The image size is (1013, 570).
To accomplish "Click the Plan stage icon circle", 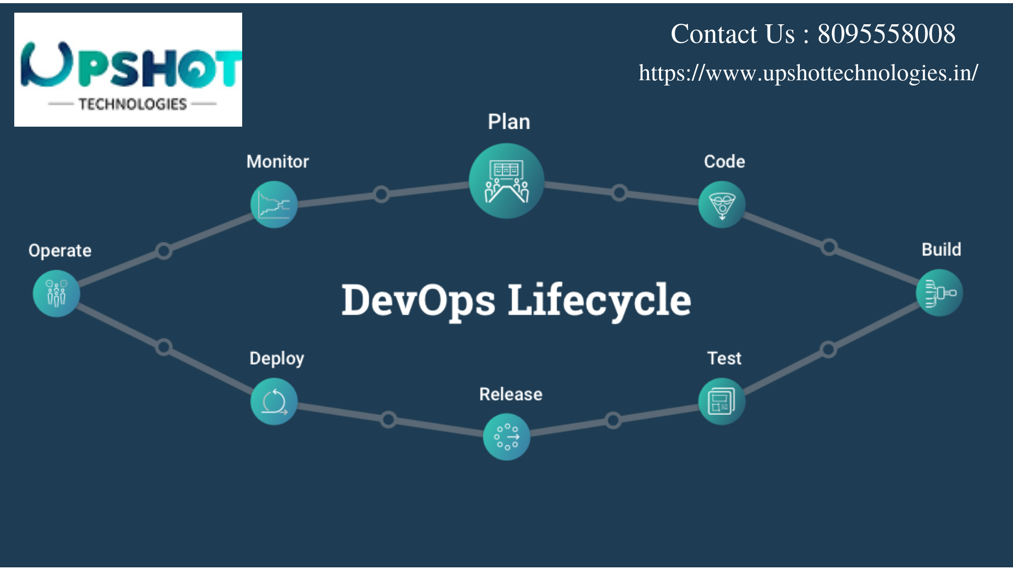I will coord(506,181).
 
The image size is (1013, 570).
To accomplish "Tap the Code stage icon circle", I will coord(722,205).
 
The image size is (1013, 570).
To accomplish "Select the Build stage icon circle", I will coord(940,293).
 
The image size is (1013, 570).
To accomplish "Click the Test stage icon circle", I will coord(722,402).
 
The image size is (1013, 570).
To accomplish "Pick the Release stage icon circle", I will coord(506,437).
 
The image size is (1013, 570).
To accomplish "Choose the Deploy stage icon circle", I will coord(274,402).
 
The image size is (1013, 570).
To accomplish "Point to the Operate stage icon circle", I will coord(56,293).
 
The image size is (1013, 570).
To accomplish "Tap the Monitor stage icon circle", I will coord(274,205).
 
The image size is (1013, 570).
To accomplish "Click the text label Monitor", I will coord(278,161).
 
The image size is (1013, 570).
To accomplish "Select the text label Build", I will coord(941,249).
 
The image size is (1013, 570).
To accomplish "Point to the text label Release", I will coord(511,394).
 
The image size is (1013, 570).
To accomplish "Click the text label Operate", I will coord(60,251).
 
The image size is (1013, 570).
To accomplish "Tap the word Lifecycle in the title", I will coord(599,300).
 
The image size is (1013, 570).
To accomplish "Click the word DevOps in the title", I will coord(418,300).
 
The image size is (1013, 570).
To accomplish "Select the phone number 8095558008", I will coord(886,34).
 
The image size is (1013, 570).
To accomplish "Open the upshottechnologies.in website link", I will coord(808,73).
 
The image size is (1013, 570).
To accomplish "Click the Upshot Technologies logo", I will coord(128,70).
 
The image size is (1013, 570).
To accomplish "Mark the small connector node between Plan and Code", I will coord(619,193).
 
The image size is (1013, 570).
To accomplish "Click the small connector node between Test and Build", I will coord(828,349).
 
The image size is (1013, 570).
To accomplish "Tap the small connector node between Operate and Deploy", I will coord(164,347).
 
